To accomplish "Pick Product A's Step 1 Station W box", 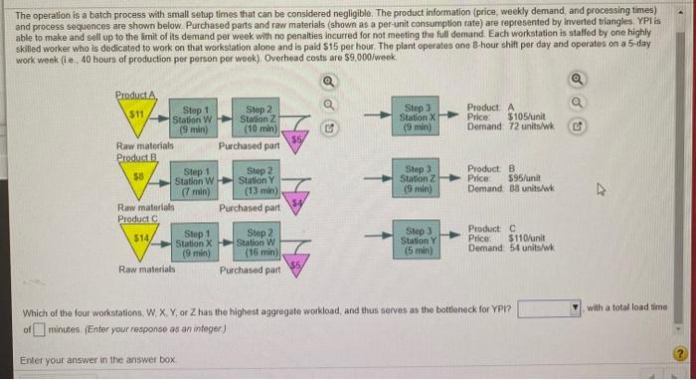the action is (x=191, y=117).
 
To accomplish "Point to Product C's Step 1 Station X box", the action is (x=191, y=242).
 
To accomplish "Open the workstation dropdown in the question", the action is (x=547, y=308).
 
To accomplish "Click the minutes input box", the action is (x=41, y=328).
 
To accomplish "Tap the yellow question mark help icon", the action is (x=680, y=354).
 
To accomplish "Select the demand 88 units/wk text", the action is (x=516, y=189).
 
